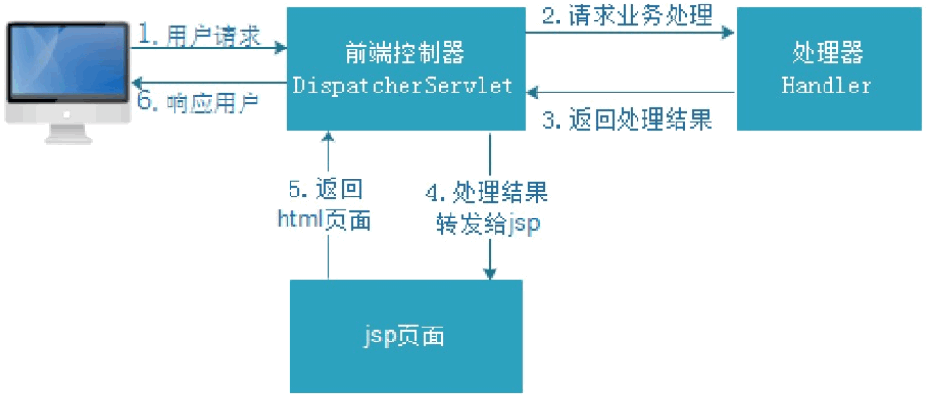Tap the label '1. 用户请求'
click(x=200, y=37)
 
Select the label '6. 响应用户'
click(x=199, y=101)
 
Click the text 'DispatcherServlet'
click(x=404, y=85)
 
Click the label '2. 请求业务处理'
click(x=628, y=15)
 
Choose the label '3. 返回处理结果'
click(x=628, y=120)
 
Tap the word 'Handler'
click(x=827, y=86)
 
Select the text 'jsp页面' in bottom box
click(x=405, y=337)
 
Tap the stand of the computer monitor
click(x=66, y=133)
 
